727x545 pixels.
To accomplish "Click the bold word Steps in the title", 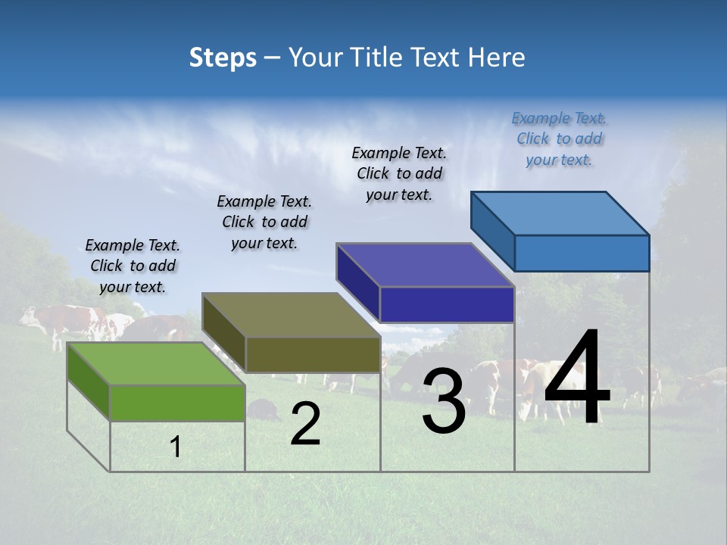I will [223, 58].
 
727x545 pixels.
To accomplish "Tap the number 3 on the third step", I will [444, 401].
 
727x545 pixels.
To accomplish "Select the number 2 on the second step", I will [305, 424].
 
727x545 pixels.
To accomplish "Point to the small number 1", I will [176, 447].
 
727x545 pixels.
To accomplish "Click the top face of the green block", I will [154, 363].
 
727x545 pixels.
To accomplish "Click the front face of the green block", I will [177, 403].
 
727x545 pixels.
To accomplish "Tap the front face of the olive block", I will [312, 354].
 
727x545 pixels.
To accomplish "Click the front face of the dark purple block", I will [447, 304].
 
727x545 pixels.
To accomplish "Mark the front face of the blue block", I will [582, 253].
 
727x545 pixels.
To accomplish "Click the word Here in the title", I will [498, 58].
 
